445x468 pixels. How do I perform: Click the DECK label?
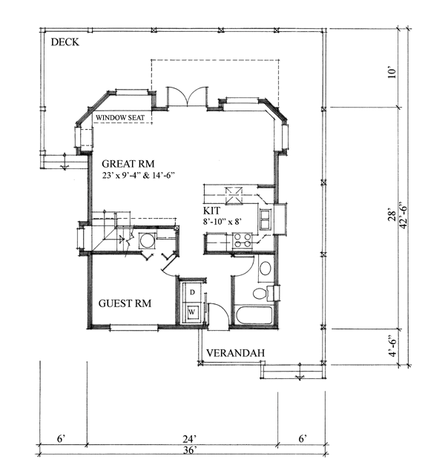point(65,42)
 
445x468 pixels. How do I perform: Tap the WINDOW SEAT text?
point(120,118)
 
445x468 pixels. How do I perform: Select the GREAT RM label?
point(128,164)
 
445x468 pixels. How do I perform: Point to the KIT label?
point(211,211)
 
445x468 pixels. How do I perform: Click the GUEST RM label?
point(125,303)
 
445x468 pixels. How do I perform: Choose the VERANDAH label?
point(236,353)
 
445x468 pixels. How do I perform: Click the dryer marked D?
point(192,292)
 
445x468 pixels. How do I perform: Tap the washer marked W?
point(192,312)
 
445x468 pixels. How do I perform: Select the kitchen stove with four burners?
point(243,240)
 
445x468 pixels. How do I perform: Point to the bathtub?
point(254,315)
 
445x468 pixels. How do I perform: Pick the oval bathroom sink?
point(266,268)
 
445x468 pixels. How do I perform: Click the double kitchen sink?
point(266,220)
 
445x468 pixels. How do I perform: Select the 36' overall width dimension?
point(189,450)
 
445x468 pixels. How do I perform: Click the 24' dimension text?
point(190,439)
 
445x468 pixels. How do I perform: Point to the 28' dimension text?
point(392,216)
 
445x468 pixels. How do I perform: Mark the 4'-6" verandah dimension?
point(393,347)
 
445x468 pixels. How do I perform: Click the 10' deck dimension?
point(392,73)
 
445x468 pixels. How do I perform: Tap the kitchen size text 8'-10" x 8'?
point(222,222)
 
